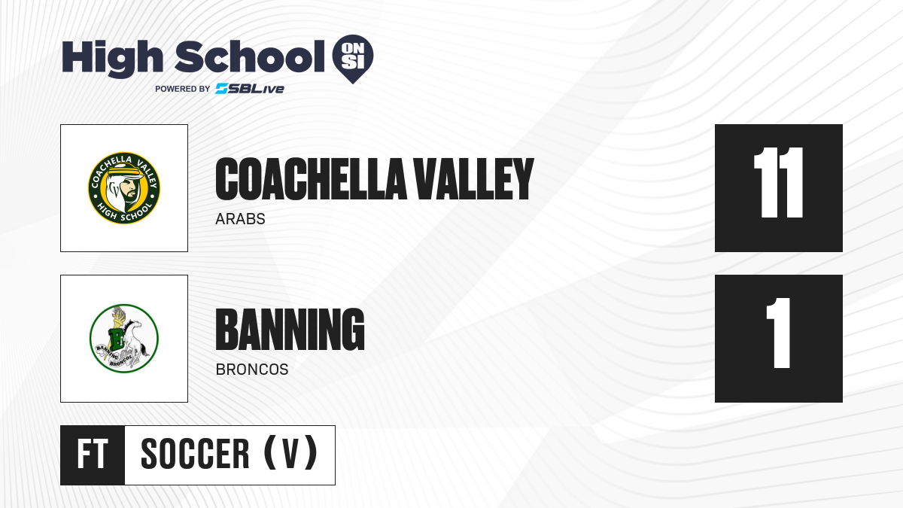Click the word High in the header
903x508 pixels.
pos(113,58)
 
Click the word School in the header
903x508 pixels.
pos(250,56)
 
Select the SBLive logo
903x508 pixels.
pos(250,89)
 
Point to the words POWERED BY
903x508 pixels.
pos(182,89)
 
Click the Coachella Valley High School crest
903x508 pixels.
pos(124,188)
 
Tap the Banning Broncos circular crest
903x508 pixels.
pos(124,339)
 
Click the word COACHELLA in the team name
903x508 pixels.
pos(311,179)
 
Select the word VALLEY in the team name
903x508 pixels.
pos(474,179)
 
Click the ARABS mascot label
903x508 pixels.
pos(240,219)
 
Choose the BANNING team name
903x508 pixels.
pos(290,330)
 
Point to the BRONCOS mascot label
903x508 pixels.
pos(252,370)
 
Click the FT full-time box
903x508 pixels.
pos(93,455)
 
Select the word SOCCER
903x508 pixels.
pos(195,454)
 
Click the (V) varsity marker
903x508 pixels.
pos(290,453)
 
